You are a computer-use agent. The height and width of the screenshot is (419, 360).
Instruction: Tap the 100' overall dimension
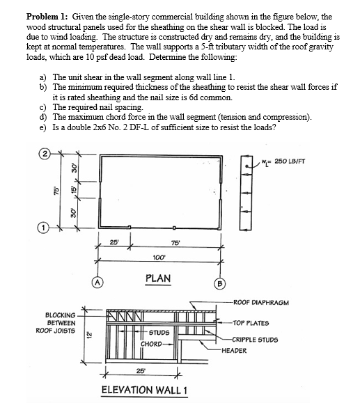[x=159, y=257]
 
